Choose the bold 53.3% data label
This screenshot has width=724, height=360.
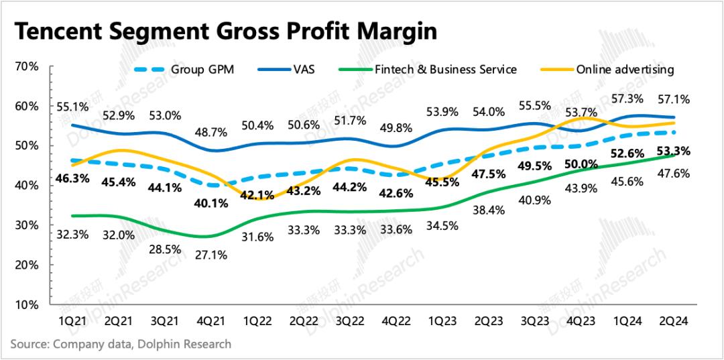pyautogui.click(x=674, y=151)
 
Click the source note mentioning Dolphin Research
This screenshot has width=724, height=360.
pyautogui.click(x=121, y=344)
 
